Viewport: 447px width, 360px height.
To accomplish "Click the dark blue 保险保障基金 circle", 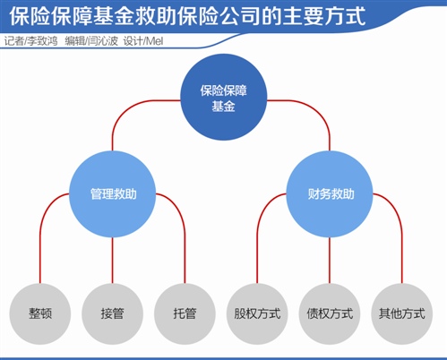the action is pos(224,98).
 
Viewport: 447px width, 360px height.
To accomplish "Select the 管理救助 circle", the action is pos(113,194).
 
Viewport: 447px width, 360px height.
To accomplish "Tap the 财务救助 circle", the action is pos(330,194).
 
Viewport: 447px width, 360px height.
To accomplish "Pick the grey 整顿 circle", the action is pos(40,313).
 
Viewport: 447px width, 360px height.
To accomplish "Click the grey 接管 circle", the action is pos(113,313).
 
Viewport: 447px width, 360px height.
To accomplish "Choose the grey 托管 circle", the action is pos(185,313).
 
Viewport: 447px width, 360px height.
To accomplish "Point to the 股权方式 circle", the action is pos(257,313).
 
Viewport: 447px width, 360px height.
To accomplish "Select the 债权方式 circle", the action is pos(330,313).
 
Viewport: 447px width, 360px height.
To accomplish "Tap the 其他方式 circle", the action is pos(402,313).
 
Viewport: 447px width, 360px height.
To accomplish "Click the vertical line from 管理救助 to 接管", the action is pos(113,261).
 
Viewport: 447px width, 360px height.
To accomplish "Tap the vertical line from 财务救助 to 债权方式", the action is pos(330,261).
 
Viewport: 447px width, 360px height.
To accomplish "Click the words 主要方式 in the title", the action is pos(324,16).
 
